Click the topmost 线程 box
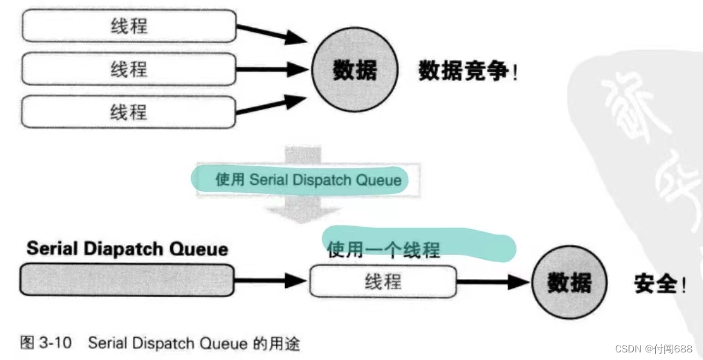click(x=129, y=27)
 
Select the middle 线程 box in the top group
click(x=129, y=69)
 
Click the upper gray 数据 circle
click(x=354, y=70)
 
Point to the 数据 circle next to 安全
click(x=569, y=282)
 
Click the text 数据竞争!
click(x=468, y=71)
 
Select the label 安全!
click(x=660, y=283)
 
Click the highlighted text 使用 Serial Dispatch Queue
click(x=308, y=180)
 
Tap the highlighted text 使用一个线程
click(x=383, y=249)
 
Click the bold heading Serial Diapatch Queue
click(x=127, y=249)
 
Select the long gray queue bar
click(x=127, y=282)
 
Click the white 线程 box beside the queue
click(x=383, y=282)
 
